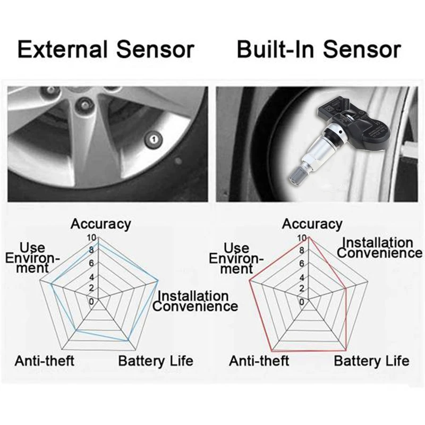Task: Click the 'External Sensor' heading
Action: (106, 49)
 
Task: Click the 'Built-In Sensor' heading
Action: (318, 49)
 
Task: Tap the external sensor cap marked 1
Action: (154, 140)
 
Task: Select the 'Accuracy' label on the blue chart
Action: (100, 224)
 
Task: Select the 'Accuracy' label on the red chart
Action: (312, 224)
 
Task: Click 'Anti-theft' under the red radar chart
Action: (259, 361)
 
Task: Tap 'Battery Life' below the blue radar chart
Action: (155, 361)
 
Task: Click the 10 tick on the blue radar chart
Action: (91, 238)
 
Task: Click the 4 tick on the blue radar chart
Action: (91, 277)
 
